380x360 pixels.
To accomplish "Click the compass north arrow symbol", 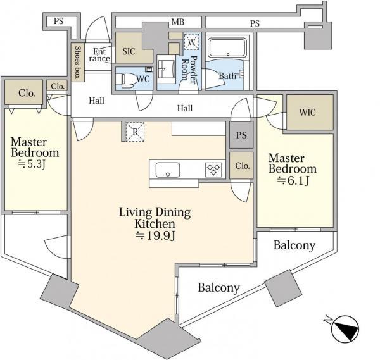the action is pos(345,329).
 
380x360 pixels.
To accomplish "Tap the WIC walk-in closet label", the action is pos(307,113).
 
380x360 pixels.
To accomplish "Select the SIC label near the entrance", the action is pos(129,51).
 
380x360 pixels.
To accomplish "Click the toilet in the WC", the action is pos(127,80).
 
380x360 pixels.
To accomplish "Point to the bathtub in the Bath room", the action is pos(227,47).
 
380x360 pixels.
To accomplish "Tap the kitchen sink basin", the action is pos(168,170).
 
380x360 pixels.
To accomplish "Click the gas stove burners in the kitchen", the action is pos(213,169).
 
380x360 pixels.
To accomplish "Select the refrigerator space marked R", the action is pos(135,132).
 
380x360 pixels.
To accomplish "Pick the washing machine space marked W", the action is pos(192,42).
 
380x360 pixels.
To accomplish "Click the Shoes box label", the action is pos(77,62).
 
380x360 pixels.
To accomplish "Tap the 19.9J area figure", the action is pos(155,235).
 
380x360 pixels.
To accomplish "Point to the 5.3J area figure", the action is pos(32,164).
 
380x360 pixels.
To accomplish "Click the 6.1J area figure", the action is pos(293,180).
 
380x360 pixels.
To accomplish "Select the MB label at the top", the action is pos(178,22).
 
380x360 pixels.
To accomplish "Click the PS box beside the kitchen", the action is pos(241,135).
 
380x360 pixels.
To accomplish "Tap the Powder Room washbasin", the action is pos(166,69).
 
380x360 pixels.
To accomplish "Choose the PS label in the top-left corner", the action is pos(58,21).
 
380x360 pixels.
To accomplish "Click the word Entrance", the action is pos(99,55).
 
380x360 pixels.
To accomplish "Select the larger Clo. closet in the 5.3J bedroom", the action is pos(24,93).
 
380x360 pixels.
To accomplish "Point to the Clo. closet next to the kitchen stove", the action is pos(241,166).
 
